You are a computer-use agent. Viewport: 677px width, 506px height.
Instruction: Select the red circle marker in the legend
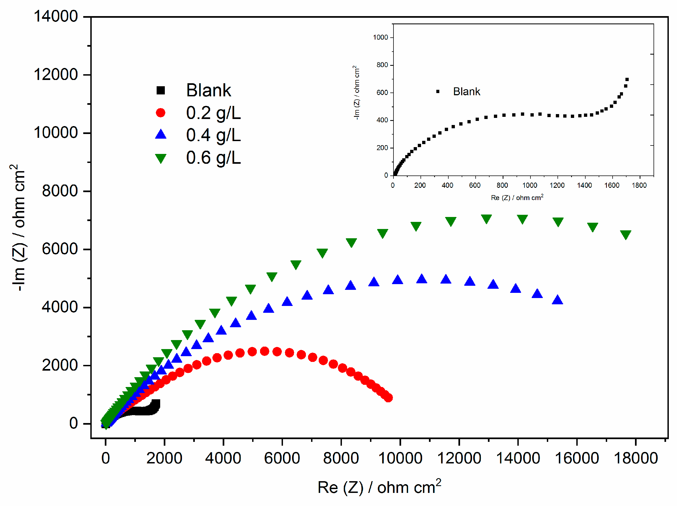coord(160,113)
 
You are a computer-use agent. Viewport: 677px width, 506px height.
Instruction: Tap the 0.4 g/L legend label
coord(213,135)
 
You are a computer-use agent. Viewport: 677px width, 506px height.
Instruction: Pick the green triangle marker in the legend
coord(160,158)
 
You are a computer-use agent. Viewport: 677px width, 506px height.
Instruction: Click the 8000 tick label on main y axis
coord(60,191)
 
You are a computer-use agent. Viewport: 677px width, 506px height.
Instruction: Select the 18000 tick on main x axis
coord(636,458)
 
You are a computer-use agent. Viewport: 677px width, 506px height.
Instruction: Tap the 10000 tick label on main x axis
coord(400,458)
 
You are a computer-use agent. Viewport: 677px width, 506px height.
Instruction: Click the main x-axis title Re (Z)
coord(379,487)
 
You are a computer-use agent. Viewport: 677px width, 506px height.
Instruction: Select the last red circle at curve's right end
coord(388,398)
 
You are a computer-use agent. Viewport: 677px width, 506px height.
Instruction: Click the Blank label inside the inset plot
coord(466,91)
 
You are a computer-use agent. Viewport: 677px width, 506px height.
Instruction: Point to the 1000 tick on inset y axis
coord(380,37)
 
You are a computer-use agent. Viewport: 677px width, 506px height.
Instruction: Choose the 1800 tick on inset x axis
coord(639,185)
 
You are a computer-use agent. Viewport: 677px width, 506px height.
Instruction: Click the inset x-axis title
coord(517,197)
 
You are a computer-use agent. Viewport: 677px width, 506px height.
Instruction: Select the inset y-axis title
coord(357,92)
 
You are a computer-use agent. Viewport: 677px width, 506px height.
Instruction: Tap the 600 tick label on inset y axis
coord(382,93)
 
